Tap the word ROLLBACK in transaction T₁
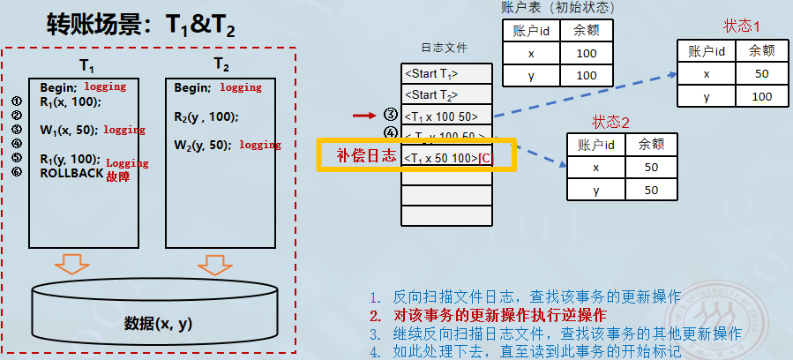(x=71, y=173)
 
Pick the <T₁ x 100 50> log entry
(x=440, y=116)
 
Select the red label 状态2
(x=610, y=121)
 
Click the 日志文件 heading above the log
(x=445, y=48)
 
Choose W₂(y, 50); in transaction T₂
(x=203, y=145)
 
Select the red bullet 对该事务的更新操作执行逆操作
(x=500, y=315)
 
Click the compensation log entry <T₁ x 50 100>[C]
(x=446, y=158)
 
